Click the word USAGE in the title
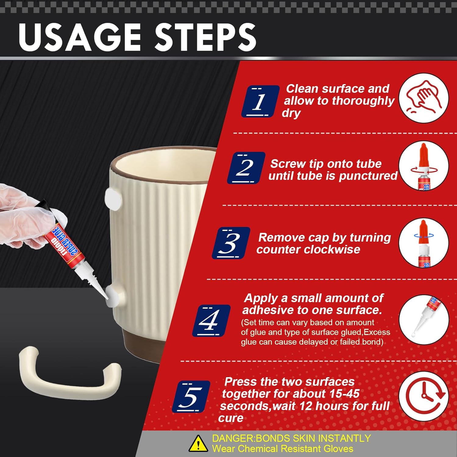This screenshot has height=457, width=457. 80,37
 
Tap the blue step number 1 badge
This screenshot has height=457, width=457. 260,101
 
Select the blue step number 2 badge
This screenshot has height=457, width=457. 246,168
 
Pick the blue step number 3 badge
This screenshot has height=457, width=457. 231,243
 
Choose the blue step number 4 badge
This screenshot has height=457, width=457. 211,321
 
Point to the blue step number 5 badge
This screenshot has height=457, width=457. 191,397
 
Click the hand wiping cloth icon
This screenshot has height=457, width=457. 424,98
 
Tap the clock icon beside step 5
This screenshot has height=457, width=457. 424,396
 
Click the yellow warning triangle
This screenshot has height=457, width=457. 198,444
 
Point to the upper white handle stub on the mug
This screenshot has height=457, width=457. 113,198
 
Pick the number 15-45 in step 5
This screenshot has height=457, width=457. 344,394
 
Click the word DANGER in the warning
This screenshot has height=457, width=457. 233,438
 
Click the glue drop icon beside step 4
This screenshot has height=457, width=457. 424,319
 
